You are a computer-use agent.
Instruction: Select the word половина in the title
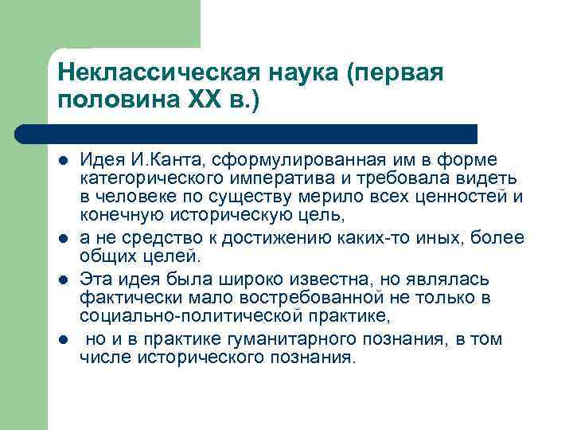tap(119, 101)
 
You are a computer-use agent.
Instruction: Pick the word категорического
tap(150, 178)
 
